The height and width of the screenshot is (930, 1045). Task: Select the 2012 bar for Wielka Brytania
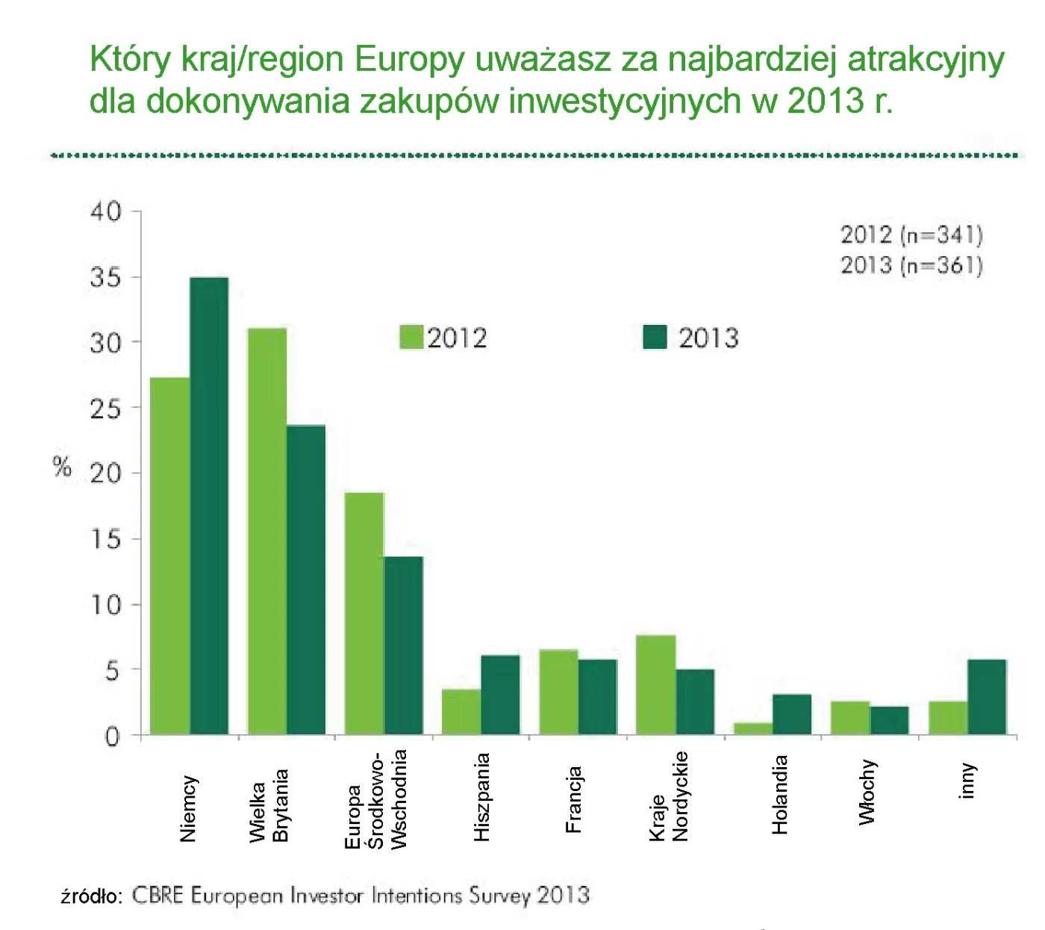click(x=267, y=531)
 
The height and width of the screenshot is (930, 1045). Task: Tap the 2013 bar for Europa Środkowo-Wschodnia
click(x=403, y=645)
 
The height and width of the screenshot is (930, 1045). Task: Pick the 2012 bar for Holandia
click(x=753, y=728)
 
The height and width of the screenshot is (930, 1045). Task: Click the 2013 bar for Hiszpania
click(x=500, y=695)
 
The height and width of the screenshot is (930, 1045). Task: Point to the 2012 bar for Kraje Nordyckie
click(x=656, y=685)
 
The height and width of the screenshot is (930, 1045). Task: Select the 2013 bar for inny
click(x=987, y=697)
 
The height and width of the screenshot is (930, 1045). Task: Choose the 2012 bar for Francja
click(x=559, y=692)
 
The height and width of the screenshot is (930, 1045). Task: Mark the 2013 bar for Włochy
click(x=889, y=720)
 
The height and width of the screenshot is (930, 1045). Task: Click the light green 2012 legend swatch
click(x=411, y=338)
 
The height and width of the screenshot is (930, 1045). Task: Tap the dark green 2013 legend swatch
click(x=655, y=338)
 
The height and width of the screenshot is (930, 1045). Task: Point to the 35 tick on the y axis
click(x=105, y=277)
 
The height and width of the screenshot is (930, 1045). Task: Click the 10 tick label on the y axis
click(x=105, y=604)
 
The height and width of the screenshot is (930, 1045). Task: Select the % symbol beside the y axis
click(x=63, y=468)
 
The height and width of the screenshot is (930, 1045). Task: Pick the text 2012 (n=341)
click(x=911, y=235)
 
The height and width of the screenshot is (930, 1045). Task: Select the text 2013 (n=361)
click(x=911, y=265)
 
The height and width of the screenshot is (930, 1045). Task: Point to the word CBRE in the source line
click(x=157, y=895)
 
